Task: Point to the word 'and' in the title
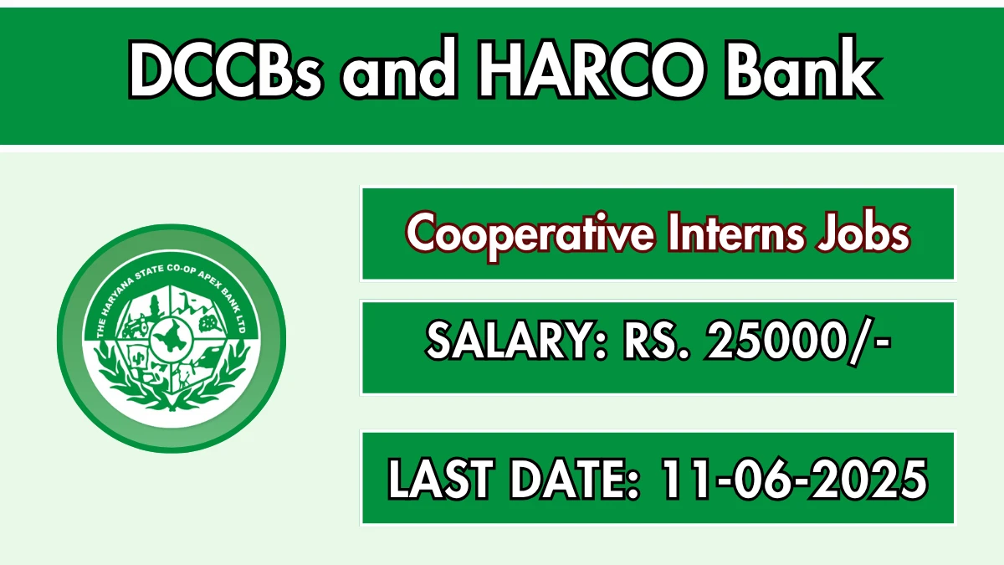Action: pos(400,68)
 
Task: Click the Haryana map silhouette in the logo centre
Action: pos(172,337)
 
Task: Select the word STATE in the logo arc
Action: pos(150,273)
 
